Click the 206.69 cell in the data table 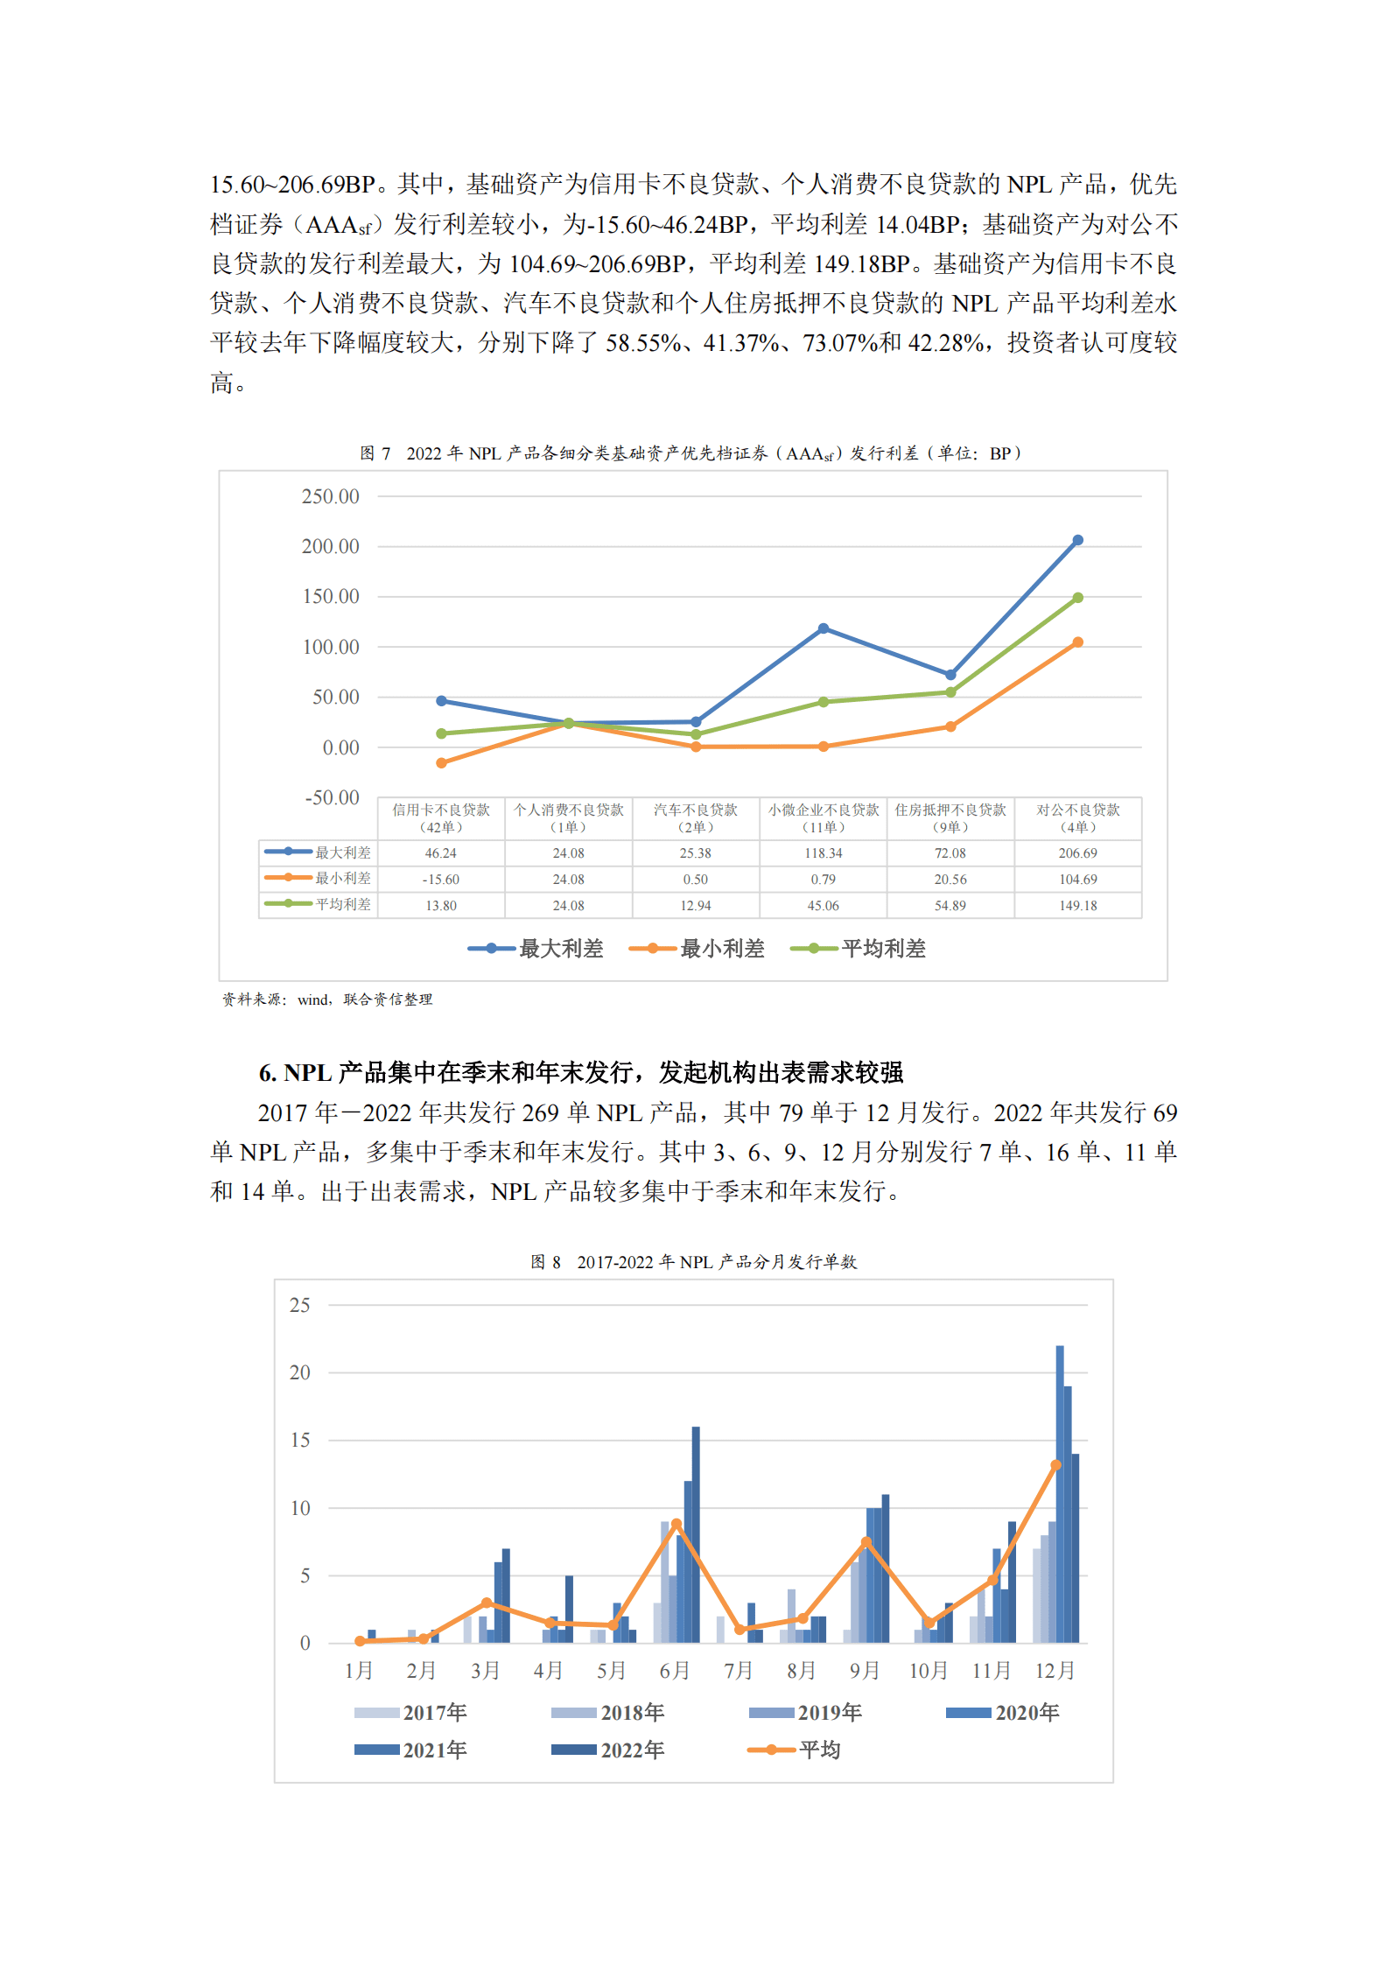click(x=1077, y=853)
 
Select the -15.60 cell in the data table click(x=441, y=880)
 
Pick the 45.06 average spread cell click(x=823, y=906)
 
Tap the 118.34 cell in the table click(x=823, y=853)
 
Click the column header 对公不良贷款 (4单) click(x=1077, y=818)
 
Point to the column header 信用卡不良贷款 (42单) click(x=441, y=818)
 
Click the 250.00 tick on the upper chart click(x=330, y=497)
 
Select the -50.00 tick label click(x=332, y=798)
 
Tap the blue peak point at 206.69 click(x=1077, y=541)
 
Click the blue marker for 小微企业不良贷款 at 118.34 click(x=823, y=628)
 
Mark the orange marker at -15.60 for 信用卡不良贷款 click(x=441, y=763)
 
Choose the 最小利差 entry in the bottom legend click(x=698, y=949)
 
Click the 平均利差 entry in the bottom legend click(x=859, y=949)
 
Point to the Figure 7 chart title click(x=690, y=453)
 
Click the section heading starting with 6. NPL click(x=580, y=1072)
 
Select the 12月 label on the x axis click(x=1055, y=1671)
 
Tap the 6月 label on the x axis click(x=675, y=1671)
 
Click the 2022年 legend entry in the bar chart click(x=609, y=1750)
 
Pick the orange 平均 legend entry click(x=795, y=1750)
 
